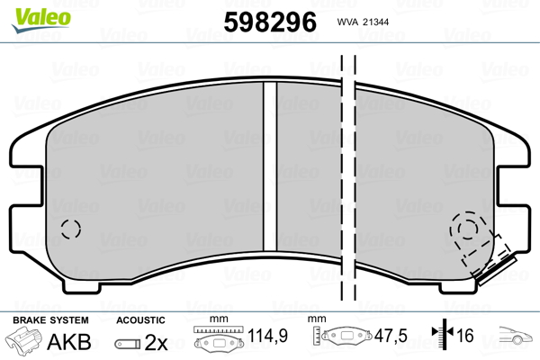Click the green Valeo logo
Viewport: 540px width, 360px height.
coord(41,20)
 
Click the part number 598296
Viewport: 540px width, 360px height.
coord(270,22)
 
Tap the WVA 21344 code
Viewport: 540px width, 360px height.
coord(363,22)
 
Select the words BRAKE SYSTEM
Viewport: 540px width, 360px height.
coord(50,320)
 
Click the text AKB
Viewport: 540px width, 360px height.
coord(69,341)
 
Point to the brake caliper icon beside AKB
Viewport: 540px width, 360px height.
coord(23,340)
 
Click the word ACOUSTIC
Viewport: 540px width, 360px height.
coord(140,320)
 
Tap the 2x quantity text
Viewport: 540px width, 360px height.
coord(156,342)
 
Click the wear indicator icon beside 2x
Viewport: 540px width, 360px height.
coord(128,344)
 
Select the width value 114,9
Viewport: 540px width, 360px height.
coord(267,336)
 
